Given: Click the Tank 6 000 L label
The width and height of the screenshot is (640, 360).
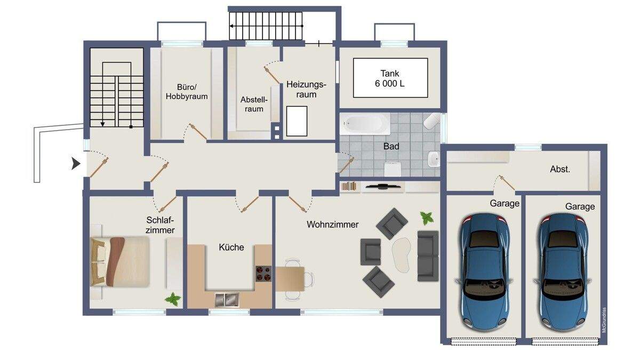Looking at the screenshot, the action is pyautogui.click(x=390, y=78).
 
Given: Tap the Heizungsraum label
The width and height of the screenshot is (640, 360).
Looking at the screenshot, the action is pyautogui.click(x=306, y=90).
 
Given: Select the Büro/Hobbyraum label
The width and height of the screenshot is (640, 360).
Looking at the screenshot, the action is pyautogui.click(x=187, y=92).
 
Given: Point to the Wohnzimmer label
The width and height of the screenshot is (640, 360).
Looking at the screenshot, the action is pyautogui.click(x=333, y=225).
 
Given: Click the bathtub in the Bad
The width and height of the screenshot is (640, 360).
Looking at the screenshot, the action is pyautogui.click(x=365, y=124).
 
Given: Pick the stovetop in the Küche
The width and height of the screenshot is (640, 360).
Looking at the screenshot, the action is pyautogui.click(x=263, y=274).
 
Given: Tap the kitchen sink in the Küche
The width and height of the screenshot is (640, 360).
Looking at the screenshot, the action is pyautogui.click(x=227, y=300).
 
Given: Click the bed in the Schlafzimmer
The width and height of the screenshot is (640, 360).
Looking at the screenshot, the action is pyautogui.click(x=119, y=261).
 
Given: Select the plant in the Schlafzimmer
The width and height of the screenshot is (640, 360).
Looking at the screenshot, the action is pyautogui.click(x=173, y=299).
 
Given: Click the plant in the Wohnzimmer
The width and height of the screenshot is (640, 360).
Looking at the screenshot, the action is pyautogui.click(x=427, y=218).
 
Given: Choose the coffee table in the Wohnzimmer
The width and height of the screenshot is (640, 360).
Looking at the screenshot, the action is pyautogui.click(x=402, y=254).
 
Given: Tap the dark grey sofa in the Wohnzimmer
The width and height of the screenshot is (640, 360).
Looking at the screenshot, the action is pyautogui.click(x=428, y=256).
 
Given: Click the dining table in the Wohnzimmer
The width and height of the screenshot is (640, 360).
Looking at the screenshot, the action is pyautogui.click(x=290, y=279).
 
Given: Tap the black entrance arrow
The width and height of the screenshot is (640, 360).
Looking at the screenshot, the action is pyautogui.click(x=75, y=164).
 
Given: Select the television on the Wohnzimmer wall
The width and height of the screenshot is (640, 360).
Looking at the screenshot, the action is pyautogui.click(x=383, y=187).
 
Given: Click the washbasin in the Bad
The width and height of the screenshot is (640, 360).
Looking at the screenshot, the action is pyautogui.click(x=434, y=159).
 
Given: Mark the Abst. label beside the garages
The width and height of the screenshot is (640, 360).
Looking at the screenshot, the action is pyautogui.click(x=559, y=169).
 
